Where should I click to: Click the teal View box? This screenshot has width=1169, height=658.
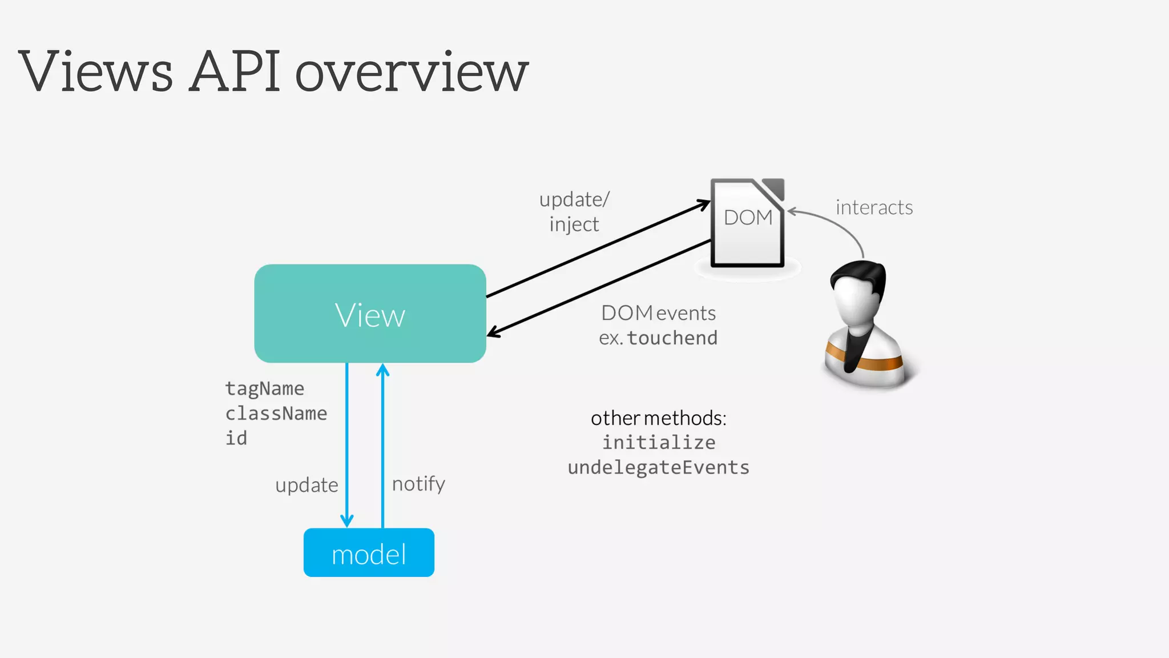(370, 313)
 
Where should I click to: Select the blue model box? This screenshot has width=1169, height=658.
(369, 553)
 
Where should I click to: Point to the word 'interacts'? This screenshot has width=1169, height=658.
(874, 207)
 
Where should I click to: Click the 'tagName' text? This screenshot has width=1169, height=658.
(264, 388)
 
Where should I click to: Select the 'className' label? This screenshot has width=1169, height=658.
(276, 414)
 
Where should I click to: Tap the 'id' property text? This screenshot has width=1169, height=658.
(236, 438)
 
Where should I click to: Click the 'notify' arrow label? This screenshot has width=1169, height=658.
(418, 484)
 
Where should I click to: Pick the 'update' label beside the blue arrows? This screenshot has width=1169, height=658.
(307, 485)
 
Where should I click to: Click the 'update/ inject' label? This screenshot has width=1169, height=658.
(574, 211)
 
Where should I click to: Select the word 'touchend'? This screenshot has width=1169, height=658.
(672, 338)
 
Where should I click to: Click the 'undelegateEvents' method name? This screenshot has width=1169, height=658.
(658, 468)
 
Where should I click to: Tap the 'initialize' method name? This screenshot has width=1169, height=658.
(659, 443)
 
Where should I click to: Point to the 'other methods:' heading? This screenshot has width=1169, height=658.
(658, 418)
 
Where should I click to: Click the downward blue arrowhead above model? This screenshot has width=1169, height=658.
(347, 520)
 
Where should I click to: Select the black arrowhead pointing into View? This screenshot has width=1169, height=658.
(493, 332)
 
